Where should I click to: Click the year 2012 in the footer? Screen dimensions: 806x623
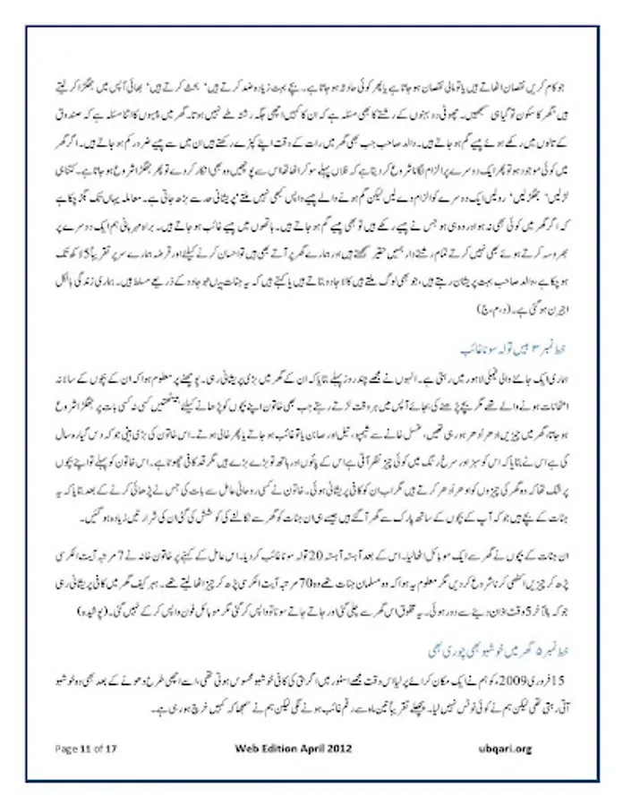tap(353, 746)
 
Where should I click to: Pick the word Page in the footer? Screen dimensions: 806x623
tap(66, 746)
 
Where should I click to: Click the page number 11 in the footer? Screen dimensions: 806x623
tap(87, 746)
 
